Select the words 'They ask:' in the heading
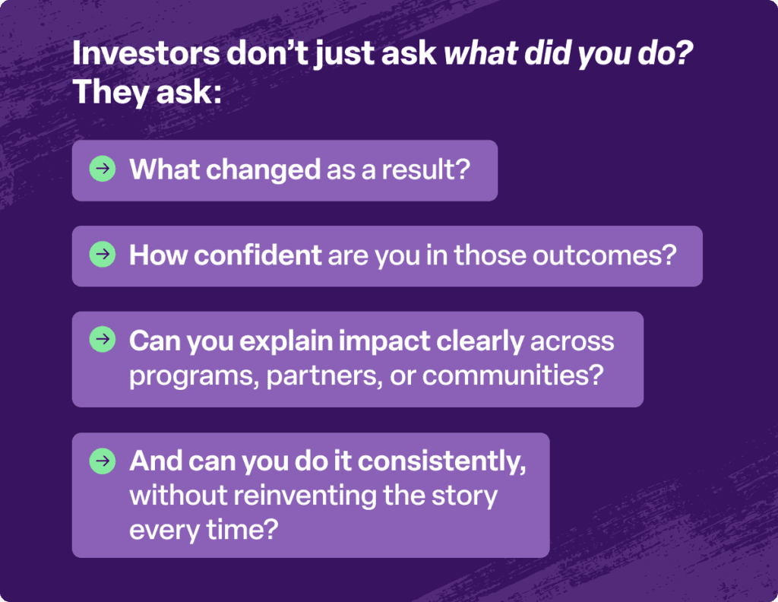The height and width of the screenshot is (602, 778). coord(146,93)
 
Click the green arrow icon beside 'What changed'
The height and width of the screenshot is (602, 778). coord(102,169)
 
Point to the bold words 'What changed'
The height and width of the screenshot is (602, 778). coord(225,170)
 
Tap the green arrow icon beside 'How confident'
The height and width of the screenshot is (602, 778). coord(102,255)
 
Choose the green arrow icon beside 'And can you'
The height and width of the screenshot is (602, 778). coord(102,461)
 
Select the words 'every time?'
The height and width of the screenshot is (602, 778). coord(200,530)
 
